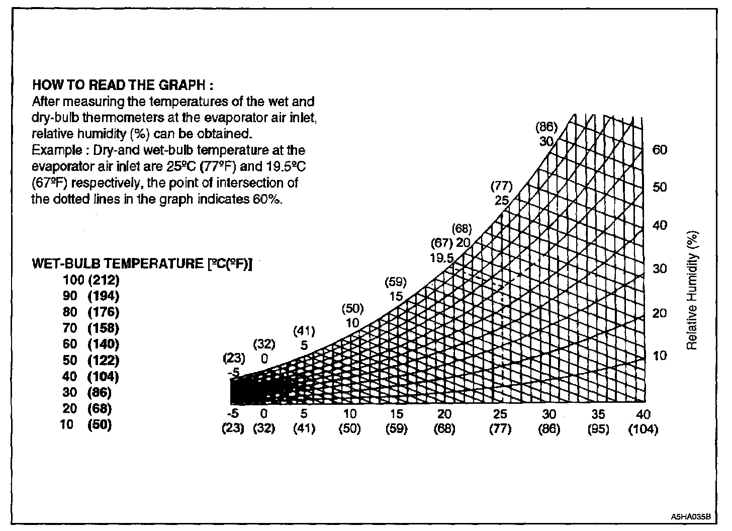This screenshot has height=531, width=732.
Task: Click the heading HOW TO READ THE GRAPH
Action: (x=124, y=85)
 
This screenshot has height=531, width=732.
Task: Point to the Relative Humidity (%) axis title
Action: (x=693, y=291)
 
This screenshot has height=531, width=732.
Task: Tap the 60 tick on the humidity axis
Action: (x=660, y=150)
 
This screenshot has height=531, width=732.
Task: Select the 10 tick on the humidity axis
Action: (x=659, y=356)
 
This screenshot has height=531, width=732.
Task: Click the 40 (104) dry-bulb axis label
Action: (x=643, y=422)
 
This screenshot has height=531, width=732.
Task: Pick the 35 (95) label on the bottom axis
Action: (x=598, y=422)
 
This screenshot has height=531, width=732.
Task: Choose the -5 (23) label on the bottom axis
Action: (x=233, y=422)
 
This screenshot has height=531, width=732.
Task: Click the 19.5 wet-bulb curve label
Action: (x=443, y=258)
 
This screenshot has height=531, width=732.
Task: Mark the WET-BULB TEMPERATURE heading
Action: (x=142, y=263)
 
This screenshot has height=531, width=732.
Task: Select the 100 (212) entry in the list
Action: (x=91, y=280)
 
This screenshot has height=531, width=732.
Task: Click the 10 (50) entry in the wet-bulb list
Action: (x=87, y=424)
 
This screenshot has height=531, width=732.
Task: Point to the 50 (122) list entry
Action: (x=91, y=360)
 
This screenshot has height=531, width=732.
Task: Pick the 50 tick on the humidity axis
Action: (x=660, y=187)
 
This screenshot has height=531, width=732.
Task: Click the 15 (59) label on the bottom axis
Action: (x=396, y=422)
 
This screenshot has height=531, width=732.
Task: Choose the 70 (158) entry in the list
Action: (x=91, y=328)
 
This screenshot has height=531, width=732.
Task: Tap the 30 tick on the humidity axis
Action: (x=660, y=269)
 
